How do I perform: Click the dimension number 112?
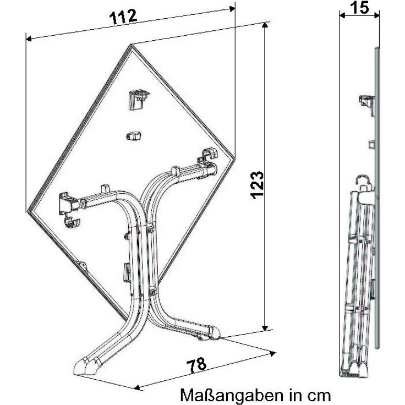click(x=123, y=17)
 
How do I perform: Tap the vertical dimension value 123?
click(x=258, y=185)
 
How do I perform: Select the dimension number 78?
click(x=196, y=365)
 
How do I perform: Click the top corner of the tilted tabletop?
click(x=131, y=45)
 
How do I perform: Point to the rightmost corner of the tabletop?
click(x=234, y=158)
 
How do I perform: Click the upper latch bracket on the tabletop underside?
click(x=138, y=99)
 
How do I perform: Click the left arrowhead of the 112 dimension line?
click(x=29, y=39)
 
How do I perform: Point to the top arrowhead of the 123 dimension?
click(x=265, y=25)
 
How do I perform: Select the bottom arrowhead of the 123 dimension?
click(x=265, y=327)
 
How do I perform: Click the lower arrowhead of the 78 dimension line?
click(x=138, y=387)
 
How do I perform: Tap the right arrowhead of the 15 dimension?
click(x=376, y=15)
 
